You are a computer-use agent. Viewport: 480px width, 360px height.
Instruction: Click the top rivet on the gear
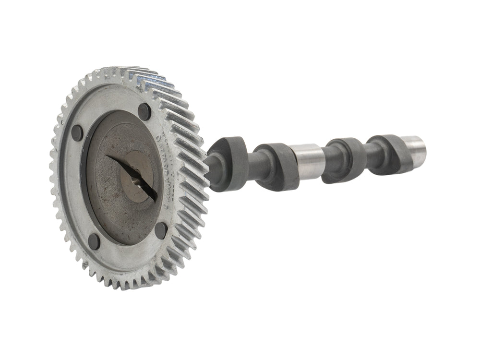(144, 112)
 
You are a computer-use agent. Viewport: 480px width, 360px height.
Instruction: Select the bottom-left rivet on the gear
(94, 241)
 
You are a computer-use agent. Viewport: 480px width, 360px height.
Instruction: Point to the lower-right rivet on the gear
(161, 230)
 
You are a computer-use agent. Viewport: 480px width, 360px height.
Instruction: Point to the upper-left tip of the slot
(108, 156)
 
